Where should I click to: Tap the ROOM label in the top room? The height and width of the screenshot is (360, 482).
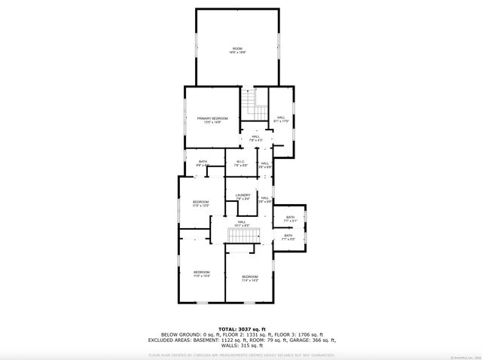[238, 50]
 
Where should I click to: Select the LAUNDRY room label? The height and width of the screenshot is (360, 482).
[243, 196]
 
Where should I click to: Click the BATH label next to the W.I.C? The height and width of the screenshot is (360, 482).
[203, 162]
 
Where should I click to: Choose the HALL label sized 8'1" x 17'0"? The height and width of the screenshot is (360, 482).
[280, 118]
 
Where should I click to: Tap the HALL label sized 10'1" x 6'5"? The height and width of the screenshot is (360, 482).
[243, 222]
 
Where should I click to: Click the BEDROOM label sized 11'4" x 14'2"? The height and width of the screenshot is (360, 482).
[250, 278]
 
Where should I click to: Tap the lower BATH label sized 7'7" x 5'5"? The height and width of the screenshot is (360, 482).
[288, 236]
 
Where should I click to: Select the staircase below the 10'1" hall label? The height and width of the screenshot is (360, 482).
[243, 236]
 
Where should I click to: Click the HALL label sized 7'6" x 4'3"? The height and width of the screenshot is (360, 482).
[256, 138]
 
